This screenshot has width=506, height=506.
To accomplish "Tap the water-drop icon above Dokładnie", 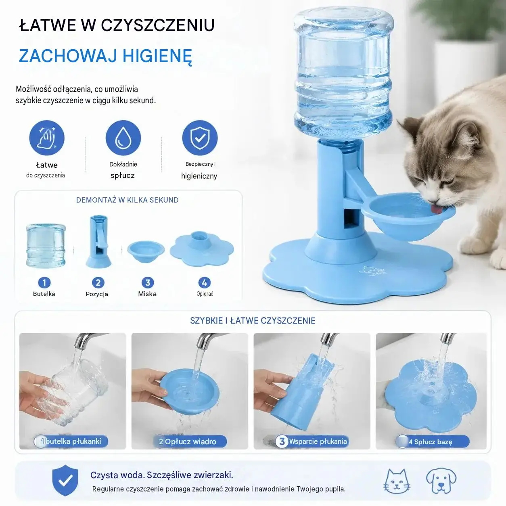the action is (123, 138).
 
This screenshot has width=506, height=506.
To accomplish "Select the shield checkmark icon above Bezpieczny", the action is (200, 138).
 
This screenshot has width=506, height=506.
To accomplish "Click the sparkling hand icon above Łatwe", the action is (47, 138).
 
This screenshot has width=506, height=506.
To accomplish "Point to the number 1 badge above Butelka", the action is (44, 282).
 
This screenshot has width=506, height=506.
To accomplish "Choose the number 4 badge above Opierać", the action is (204, 282).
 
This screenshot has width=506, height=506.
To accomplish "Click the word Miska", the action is (147, 294).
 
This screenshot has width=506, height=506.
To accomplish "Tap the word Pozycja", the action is (97, 294).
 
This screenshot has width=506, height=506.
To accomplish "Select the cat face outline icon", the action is (397, 481).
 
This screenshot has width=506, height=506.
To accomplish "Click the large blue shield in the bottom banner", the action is (65, 480).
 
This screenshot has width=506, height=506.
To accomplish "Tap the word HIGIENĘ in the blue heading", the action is (157, 56).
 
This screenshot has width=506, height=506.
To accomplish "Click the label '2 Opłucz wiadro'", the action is (188, 442).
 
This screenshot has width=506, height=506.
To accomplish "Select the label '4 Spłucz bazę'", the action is (431, 442).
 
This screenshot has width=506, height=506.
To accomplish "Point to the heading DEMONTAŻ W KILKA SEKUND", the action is (128, 200).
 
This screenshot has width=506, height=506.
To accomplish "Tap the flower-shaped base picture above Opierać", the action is (202, 249).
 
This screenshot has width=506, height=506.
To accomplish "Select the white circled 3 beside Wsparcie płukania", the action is (282, 441).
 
